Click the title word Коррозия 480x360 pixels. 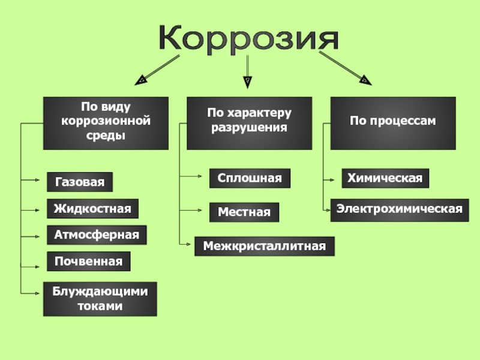tap(249, 38)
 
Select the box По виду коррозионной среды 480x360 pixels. tap(105, 123)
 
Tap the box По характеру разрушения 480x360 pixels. tap(249, 123)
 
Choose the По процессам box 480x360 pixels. tap(393, 123)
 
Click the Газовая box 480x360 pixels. tap(79, 182)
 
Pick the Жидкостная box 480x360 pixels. tap(92, 209)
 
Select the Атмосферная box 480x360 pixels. tap(97, 235)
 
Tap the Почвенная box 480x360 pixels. tap(88, 262)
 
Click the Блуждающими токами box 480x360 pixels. tap(100, 299)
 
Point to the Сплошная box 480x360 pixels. tap(250, 178)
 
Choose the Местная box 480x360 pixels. tap(244, 212)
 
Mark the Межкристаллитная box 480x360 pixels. tap(265, 246)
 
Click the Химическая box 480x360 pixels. tap(385, 178)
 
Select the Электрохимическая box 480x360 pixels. tap(400, 209)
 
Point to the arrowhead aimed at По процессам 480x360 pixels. tap(364, 79)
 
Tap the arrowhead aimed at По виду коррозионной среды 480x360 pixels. tap(140, 79)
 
